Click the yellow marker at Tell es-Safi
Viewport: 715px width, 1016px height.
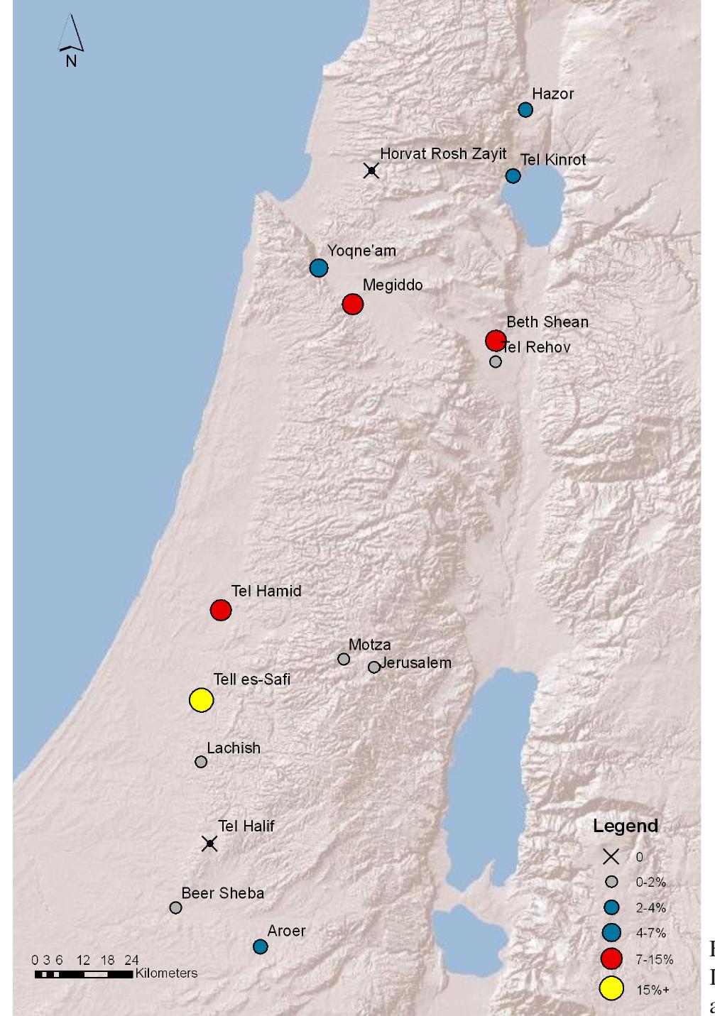click(202, 700)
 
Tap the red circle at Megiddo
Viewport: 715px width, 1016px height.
click(353, 305)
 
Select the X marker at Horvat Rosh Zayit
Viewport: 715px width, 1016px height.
click(371, 170)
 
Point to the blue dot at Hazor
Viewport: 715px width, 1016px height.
click(525, 109)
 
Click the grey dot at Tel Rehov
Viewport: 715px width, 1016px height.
click(496, 362)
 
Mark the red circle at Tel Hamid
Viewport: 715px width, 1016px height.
click(221, 610)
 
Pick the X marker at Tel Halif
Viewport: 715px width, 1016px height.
click(209, 843)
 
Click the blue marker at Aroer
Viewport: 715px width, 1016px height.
click(261, 946)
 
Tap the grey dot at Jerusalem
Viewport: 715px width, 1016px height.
click(374, 667)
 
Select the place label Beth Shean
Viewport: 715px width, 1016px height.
click(547, 322)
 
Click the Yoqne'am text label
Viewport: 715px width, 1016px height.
click(361, 251)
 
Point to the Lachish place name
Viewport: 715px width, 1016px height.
click(234, 748)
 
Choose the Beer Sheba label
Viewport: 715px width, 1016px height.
click(222, 893)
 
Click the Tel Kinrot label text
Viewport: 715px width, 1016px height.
click(553, 160)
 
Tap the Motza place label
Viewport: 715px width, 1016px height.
click(369, 645)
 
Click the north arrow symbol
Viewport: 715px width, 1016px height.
click(71, 39)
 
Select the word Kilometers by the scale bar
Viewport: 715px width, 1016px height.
click(166, 973)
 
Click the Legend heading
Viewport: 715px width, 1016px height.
click(626, 826)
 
